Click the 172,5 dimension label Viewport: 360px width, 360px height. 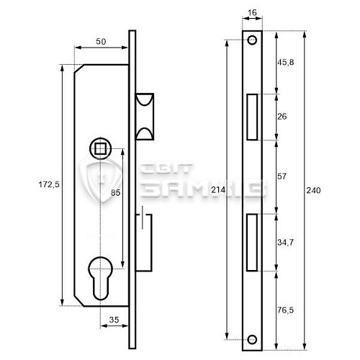click(x=49, y=184)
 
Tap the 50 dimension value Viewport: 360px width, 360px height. click(x=101, y=42)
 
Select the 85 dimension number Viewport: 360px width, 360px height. click(x=115, y=192)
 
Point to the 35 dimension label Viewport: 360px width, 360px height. click(x=114, y=320)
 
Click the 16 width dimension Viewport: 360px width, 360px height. click(x=252, y=12)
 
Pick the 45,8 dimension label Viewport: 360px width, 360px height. click(x=286, y=63)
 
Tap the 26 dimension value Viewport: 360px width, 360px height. click(x=282, y=117)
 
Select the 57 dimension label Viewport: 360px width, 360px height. click(x=282, y=176)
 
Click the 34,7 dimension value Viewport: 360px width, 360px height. click(x=285, y=243)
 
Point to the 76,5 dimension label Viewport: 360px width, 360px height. click(x=285, y=310)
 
